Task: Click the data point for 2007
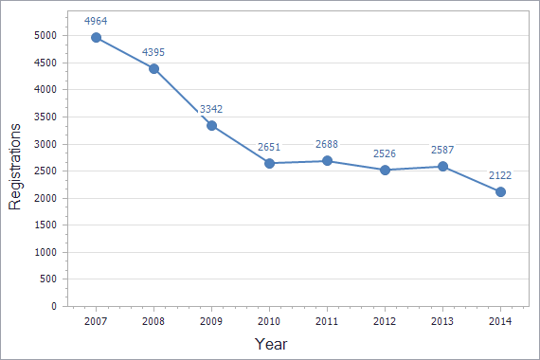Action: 96,37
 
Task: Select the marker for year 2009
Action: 211,125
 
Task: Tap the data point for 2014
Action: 500,191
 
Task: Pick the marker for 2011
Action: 327,161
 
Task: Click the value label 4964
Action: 96,20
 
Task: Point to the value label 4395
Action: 153,51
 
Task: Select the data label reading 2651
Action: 269,146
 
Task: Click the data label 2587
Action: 442,150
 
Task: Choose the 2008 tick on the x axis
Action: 153,322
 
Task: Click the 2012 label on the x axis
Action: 385,322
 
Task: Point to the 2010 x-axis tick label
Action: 269,322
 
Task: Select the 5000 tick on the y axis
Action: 45,35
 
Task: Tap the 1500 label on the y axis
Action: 45,225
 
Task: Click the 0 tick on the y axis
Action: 54,307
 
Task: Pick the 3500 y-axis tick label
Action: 45,117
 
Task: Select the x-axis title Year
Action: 270,344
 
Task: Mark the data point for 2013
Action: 442,167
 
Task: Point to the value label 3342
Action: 211,109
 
